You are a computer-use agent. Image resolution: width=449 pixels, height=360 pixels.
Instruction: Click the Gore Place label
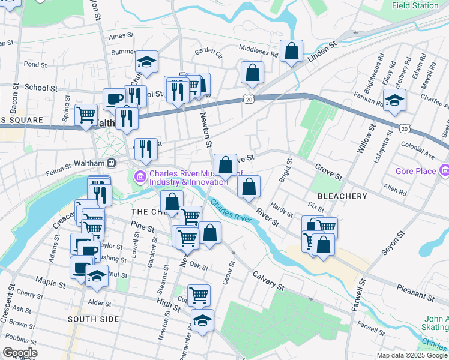tap(416, 172)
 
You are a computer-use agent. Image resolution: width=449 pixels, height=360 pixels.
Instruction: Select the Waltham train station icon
tap(111, 163)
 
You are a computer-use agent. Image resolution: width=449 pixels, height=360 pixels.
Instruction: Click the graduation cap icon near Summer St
tap(146, 61)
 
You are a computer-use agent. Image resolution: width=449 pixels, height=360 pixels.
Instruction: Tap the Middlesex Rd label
tap(258, 52)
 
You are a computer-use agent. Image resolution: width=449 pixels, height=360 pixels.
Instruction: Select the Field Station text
tap(415, 5)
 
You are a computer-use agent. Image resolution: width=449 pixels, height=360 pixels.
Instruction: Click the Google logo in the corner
tap(20, 353)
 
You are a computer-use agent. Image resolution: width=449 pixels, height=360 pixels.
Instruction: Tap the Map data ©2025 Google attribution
tap(412, 355)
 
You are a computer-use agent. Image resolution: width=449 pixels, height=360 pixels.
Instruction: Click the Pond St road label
tap(35, 64)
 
